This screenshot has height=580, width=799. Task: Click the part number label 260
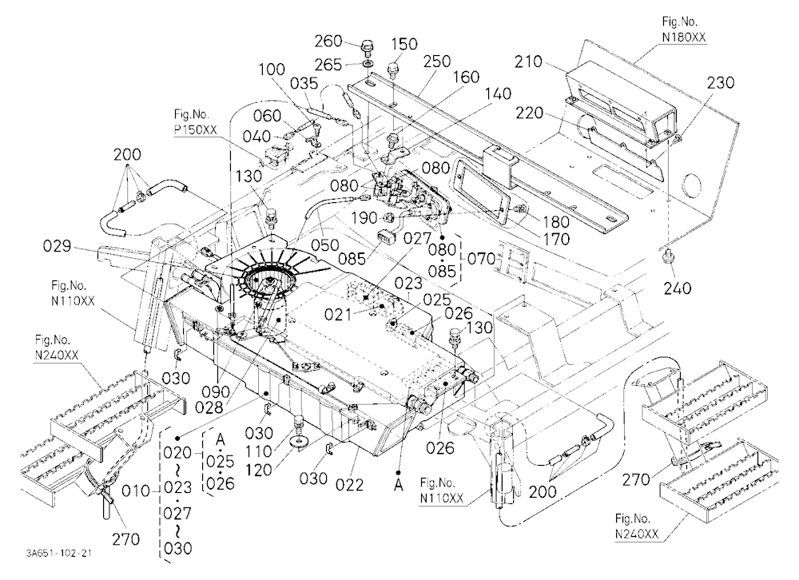pos(328,40)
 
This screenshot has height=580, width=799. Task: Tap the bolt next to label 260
pos(367,46)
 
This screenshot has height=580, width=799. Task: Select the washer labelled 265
pos(368,63)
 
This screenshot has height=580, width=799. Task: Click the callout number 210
pos(528,62)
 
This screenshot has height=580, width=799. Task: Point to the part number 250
pos(437,62)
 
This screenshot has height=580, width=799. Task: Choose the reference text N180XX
pos(684,38)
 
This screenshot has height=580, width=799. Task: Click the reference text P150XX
pos(195,130)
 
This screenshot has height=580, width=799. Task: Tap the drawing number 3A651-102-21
pos(60,553)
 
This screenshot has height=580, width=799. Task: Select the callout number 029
pos(57,247)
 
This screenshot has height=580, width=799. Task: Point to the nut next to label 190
pos(387,218)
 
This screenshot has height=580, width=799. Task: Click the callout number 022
pos(350,484)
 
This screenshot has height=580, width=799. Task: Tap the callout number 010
pos(136,491)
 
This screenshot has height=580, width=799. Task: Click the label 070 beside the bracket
pos(482,259)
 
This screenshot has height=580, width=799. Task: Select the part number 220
pos(530,113)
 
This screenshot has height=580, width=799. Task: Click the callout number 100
pos(271,69)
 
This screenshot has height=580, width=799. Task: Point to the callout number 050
pos(324,244)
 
